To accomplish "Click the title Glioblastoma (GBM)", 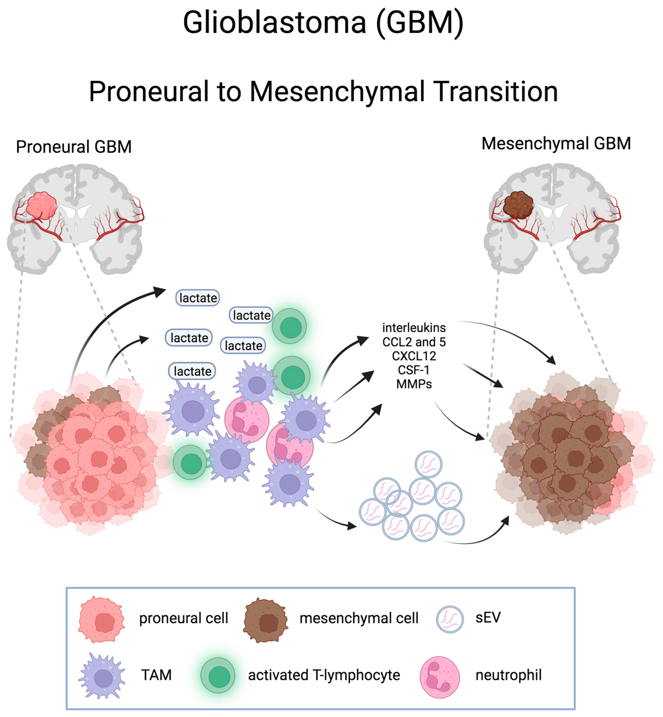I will (323, 22).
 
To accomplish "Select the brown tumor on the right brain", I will (518, 205).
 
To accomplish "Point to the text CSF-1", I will (413, 370).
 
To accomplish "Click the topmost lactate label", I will (198, 298).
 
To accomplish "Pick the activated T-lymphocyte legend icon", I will (218, 676).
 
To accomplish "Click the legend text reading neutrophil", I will (508, 675).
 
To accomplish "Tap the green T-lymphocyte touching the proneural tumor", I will (190, 463).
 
